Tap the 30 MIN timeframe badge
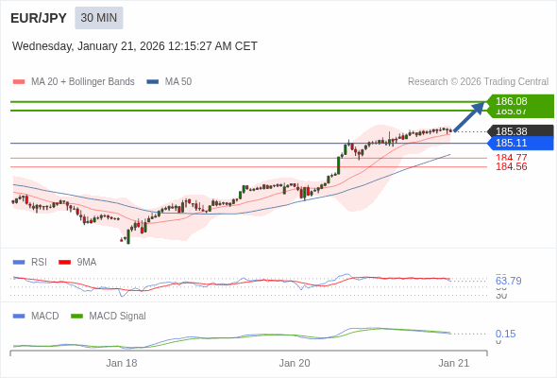click(98, 18)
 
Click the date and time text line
click(135, 46)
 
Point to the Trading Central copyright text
click(478, 82)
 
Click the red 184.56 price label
click(512, 167)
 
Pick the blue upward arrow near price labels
click(469, 116)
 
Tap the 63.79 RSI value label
click(508, 281)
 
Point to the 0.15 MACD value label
click(505, 334)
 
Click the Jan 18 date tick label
click(121, 363)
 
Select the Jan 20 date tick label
click(295, 363)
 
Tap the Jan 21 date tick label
click(453, 363)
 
